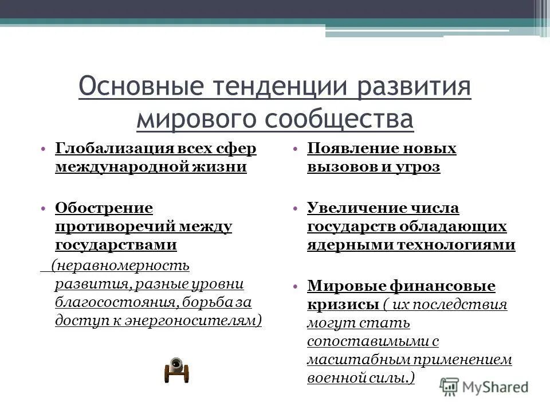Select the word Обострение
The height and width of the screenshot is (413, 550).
pos(104,208)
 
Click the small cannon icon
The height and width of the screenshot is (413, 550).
pos(176,370)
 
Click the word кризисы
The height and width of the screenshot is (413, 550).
pos(343,303)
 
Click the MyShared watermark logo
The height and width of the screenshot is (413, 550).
pos(485,386)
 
